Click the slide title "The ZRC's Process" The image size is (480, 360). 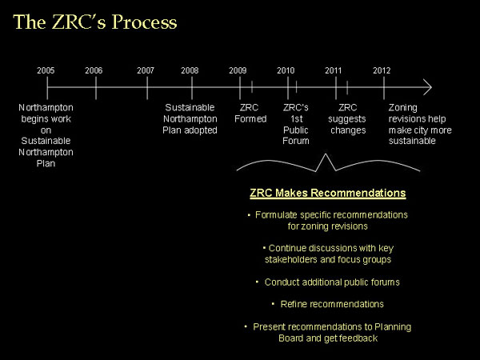pyautogui.click(x=95, y=22)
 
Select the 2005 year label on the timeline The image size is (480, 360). pyautogui.click(x=46, y=70)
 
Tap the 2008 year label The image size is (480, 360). pyautogui.click(x=190, y=70)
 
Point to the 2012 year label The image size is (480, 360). pyautogui.click(x=382, y=70)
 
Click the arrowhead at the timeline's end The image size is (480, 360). pyautogui.click(x=430, y=87)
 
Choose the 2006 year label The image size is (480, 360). pyautogui.click(x=94, y=70)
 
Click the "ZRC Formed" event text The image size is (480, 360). pyautogui.click(x=250, y=114)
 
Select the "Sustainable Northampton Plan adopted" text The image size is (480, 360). pyautogui.click(x=190, y=118)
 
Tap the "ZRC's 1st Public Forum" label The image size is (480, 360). pyautogui.click(x=296, y=124)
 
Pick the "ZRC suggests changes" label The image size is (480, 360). pyautogui.click(x=347, y=118)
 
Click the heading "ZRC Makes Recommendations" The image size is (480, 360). pyautogui.click(x=327, y=193)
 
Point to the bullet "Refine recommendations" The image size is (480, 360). pyautogui.click(x=332, y=304)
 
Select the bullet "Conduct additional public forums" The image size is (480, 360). pyautogui.click(x=332, y=282)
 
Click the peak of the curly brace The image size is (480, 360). pyautogui.click(x=326, y=154)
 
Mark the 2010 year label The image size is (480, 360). pyautogui.click(x=286, y=70)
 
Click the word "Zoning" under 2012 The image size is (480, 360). pyautogui.click(x=403, y=108)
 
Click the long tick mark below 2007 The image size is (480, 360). pyautogui.click(x=147, y=88)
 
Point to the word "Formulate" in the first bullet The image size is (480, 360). pyautogui.click(x=276, y=215)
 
